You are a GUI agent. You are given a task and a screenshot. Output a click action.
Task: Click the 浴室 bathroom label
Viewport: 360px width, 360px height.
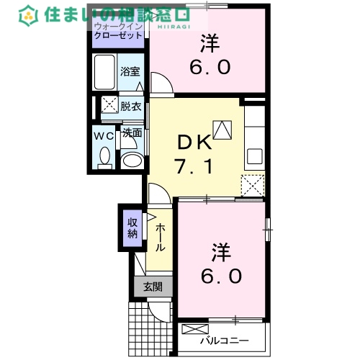point(130,72)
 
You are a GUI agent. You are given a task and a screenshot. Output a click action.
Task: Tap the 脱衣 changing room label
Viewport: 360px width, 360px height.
point(130,105)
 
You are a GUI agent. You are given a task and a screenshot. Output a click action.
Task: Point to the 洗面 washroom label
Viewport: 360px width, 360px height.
point(131,133)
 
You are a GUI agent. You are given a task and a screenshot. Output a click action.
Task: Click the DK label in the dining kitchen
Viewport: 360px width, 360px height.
point(192,141)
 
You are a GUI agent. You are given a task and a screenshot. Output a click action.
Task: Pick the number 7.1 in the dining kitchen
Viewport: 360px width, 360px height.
point(192,168)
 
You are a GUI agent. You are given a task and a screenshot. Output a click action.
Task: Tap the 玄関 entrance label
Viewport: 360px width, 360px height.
point(152,287)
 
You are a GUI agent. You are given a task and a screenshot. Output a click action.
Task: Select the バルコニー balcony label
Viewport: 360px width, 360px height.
point(224,340)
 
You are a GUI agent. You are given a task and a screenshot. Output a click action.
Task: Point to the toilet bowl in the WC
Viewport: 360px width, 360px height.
point(105,155)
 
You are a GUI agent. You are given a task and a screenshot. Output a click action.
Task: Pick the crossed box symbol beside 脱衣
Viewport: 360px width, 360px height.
point(108,105)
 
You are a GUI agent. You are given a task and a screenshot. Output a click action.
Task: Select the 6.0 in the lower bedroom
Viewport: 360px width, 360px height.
point(220,275)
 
